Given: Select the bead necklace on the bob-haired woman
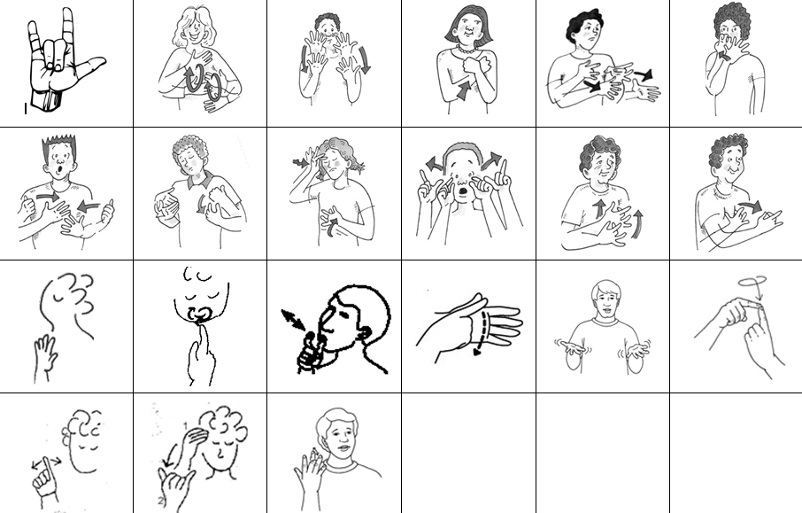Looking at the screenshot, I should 463,50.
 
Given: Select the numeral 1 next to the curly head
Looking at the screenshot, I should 183,427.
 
